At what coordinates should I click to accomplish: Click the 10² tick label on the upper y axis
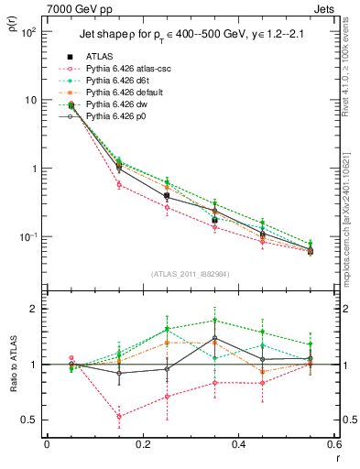click(x=28, y=31)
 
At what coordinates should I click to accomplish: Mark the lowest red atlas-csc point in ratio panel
click(x=119, y=416)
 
